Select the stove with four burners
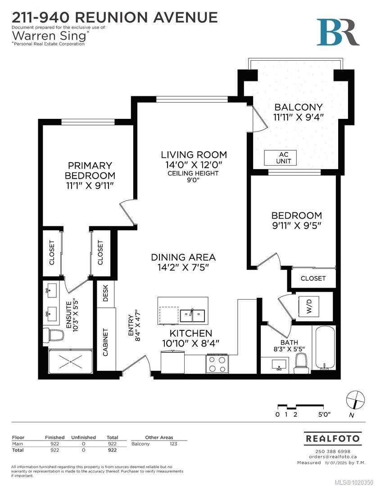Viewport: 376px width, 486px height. click(217, 364)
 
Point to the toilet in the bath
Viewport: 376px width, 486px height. click(300, 362)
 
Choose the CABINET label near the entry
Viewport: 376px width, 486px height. click(106, 342)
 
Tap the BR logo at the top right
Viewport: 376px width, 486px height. click(338, 32)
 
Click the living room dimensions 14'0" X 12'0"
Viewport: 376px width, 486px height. click(194, 165)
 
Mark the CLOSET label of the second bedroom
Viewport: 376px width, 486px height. click(313, 279)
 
